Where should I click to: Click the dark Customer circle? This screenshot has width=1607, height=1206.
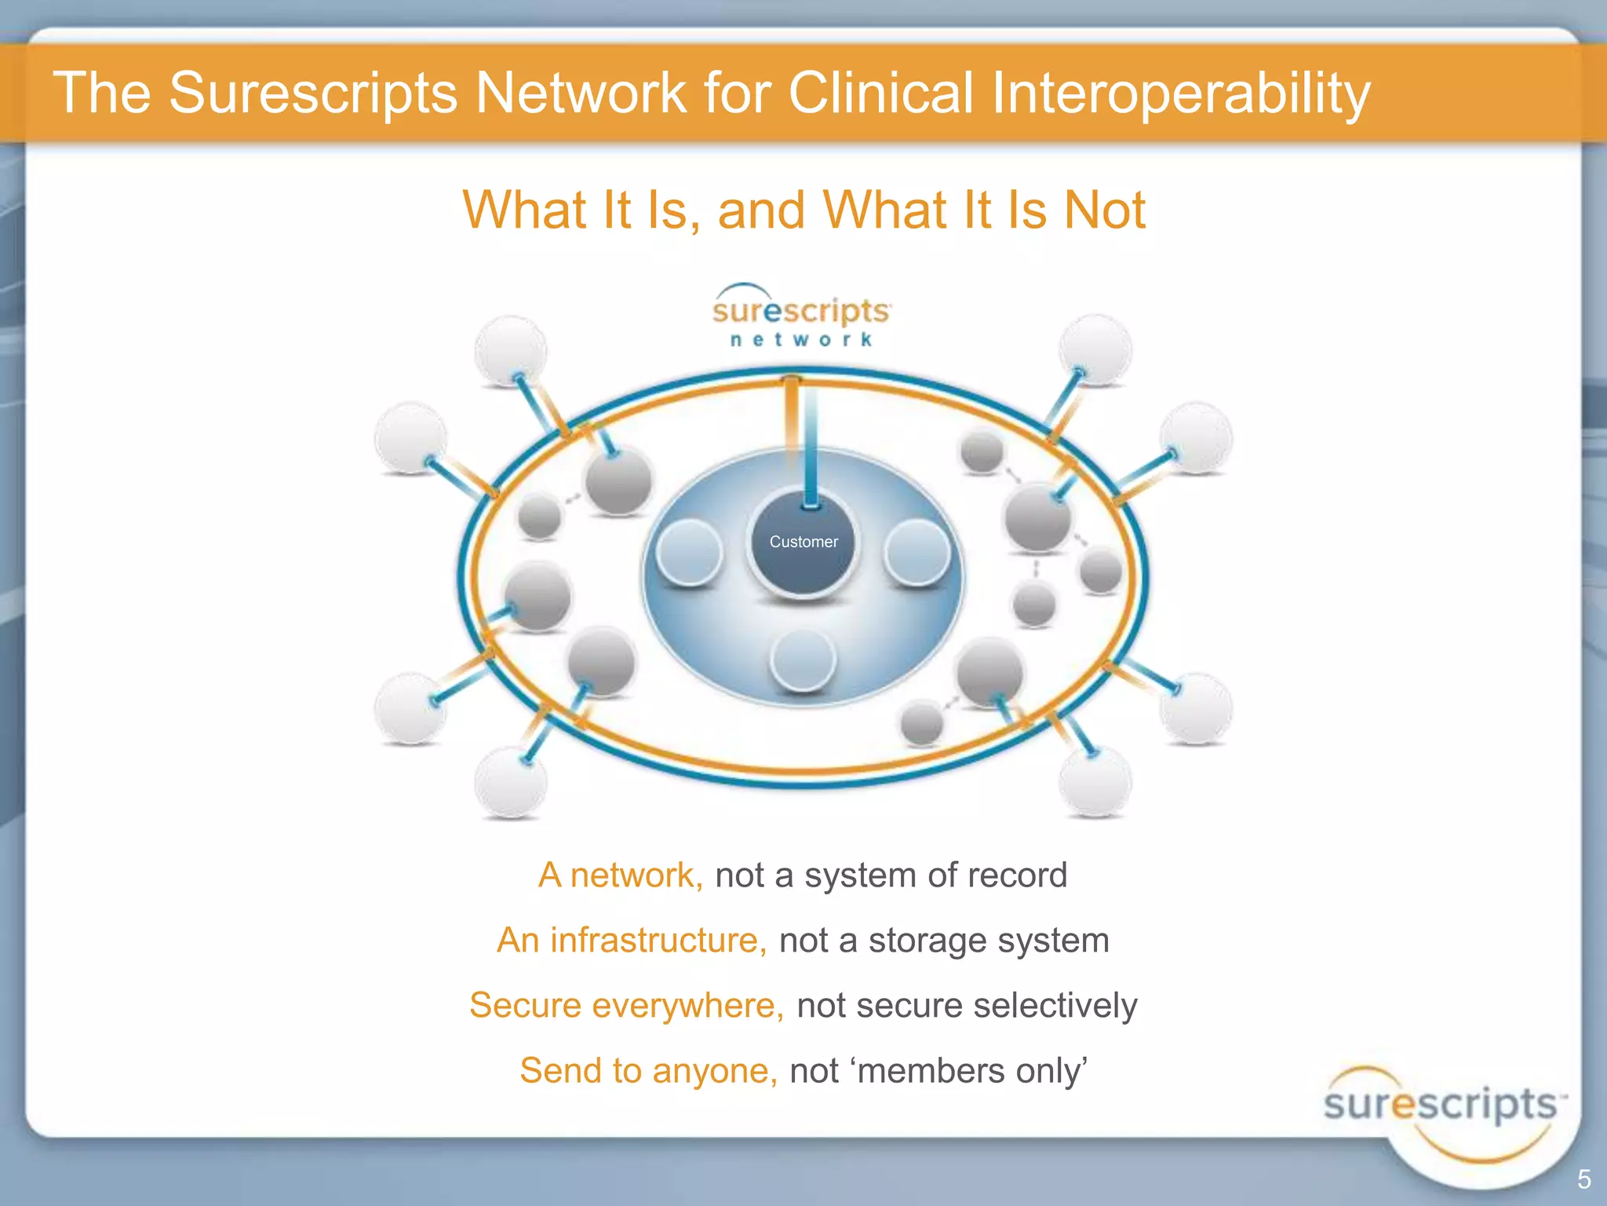[x=803, y=542]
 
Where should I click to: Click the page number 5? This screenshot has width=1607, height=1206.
[x=1583, y=1179]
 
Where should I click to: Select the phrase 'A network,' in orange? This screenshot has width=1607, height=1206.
[x=621, y=875]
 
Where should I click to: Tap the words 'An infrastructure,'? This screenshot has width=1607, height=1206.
[x=632, y=941]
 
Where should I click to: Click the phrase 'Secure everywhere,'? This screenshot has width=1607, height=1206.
[x=626, y=1006]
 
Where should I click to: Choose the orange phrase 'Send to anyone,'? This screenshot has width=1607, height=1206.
[x=648, y=1071]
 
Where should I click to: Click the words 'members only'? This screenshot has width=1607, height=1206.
[x=970, y=1071]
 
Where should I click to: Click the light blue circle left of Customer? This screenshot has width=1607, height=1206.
[x=689, y=552]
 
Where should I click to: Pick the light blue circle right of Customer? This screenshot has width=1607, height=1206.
[x=916, y=552]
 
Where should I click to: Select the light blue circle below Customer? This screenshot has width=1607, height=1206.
[x=803, y=660]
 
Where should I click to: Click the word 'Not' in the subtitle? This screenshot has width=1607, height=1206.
[x=1105, y=210]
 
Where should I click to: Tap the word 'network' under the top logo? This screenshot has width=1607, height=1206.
[x=801, y=340]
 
